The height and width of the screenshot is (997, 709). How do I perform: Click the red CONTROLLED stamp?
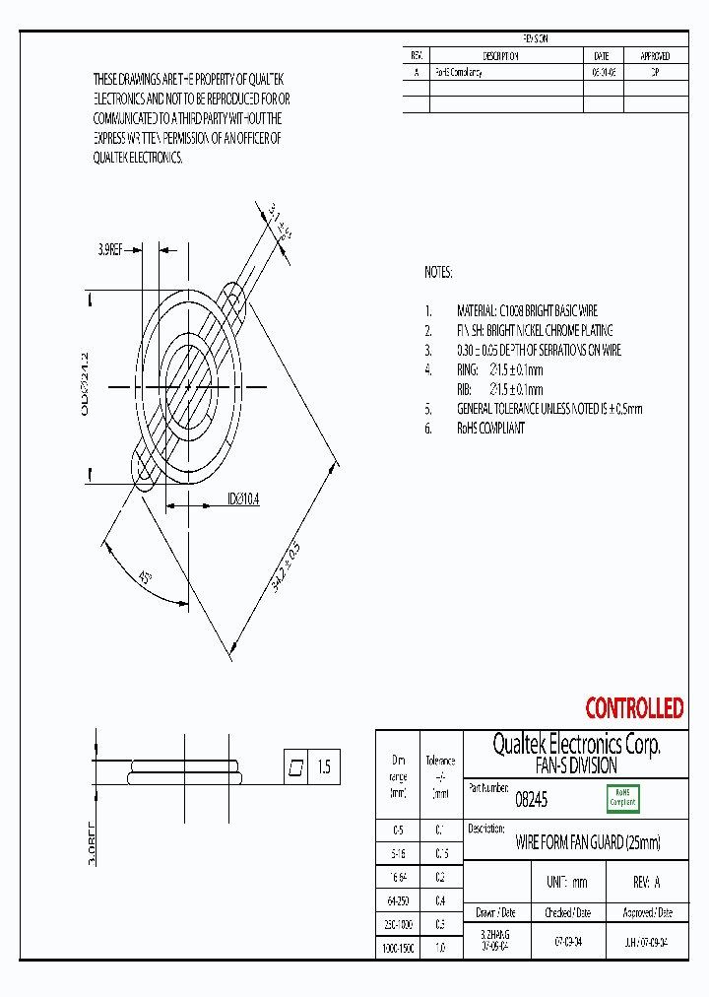pos(634,708)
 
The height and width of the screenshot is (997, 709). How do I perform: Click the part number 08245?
pos(532,801)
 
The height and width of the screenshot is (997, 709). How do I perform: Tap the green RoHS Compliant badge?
pos(622,797)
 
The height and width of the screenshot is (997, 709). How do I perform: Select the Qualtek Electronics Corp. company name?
pos(576,745)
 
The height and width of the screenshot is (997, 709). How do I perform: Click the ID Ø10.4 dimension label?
pos(243,499)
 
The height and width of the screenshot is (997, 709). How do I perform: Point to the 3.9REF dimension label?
pos(109,250)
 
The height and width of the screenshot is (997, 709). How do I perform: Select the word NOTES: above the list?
pos(438,272)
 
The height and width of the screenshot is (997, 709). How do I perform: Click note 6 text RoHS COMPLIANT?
pos(490,429)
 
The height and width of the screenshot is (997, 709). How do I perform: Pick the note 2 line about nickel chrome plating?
pos(535,330)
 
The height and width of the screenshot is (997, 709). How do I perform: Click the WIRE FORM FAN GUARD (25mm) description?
pos(588,843)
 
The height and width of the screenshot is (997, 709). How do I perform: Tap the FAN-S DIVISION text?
pos(576,765)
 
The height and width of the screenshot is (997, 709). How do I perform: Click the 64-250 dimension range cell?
pos(398,900)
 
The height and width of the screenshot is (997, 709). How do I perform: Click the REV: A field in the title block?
pos(646,882)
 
